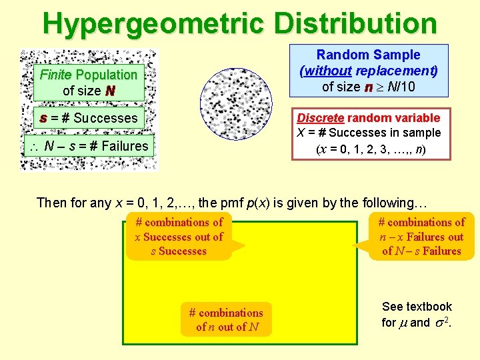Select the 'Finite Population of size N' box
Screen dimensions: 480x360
click(x=89, y=83)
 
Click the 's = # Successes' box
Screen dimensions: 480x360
click(x=89, y=118)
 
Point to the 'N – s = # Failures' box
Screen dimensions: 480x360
click(x=93, y=146)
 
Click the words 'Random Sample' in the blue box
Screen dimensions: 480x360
click(x=368, y=55)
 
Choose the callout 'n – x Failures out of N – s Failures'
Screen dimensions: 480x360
click(x=421, y=237)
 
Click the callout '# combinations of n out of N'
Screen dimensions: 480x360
click(x=226, y=319)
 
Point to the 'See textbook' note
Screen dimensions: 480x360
click(x=417, y=307)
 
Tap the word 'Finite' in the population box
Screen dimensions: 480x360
click(x=57, y=75)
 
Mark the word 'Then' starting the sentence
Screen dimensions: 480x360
click(x=51, y=203)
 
